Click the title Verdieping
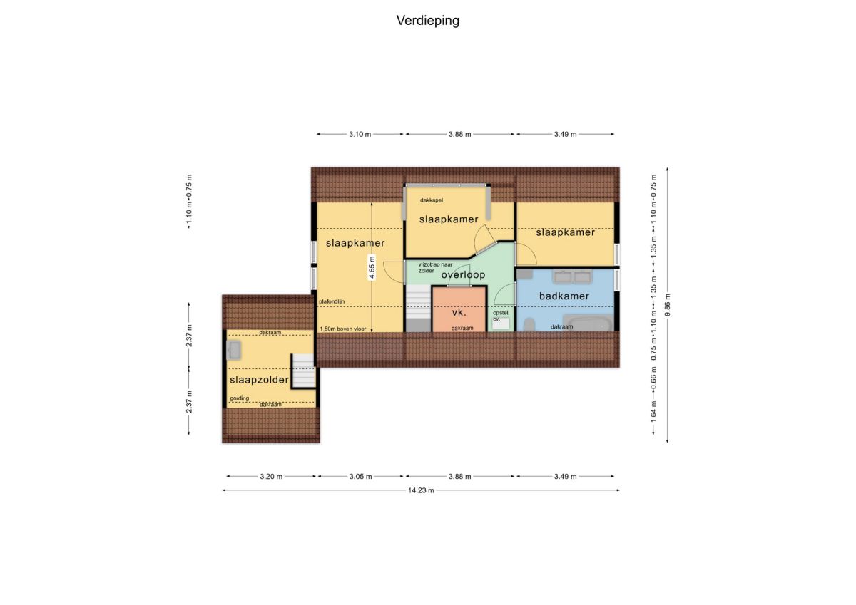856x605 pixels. pos(427,21)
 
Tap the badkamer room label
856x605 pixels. pos(564,296)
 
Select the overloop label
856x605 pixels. pos(463,275)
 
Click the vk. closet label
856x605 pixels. pos(459,312)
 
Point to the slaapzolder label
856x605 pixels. pos(259,380)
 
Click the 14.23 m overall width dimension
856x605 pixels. pos(421,490)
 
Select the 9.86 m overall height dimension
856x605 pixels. pos(667,305)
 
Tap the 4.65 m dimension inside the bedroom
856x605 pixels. pos(372,267)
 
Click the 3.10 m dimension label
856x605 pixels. pos(360,135)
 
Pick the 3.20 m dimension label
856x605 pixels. pos(271,476)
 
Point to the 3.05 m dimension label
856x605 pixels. pos(360,476)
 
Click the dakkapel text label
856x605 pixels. pos(431,200)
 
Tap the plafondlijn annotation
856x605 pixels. pos(332,301)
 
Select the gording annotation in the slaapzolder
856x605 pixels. pos(239,398)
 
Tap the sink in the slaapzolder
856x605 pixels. pos(233,350)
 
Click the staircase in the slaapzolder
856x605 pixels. pos(304,371)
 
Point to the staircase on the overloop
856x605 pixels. pos(418,308)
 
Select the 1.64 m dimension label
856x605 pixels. pos(653,415)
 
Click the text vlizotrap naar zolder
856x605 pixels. pos(435,267)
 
